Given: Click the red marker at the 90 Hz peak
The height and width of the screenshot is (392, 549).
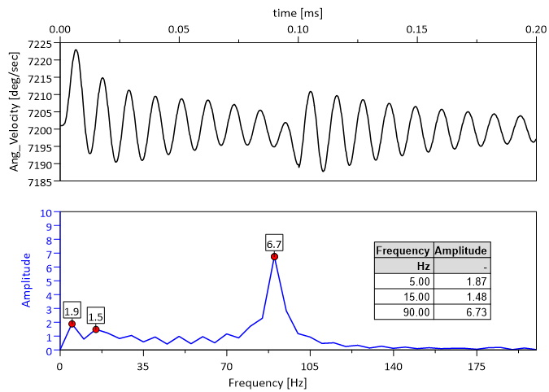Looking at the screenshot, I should [x=274, y=257].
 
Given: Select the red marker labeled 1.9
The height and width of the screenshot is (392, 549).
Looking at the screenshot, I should [x=72, y=324].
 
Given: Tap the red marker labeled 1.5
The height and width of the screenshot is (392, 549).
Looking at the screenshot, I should [x=96, y=329].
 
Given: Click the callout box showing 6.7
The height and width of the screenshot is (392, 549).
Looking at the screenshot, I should [x=274, y=242].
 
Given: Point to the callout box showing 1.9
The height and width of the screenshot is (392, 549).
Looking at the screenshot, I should [x=72, y=310].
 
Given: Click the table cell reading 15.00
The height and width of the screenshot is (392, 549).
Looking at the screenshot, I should [x=404, y=297].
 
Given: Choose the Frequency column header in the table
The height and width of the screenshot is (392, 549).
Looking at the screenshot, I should [x=404, y=250].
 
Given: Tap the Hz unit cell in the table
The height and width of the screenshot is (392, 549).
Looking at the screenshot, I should [x=404, y=266].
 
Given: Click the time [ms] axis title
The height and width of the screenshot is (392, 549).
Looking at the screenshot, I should [x=298, y=12].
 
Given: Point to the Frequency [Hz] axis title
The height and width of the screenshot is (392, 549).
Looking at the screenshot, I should [x=298, y=381].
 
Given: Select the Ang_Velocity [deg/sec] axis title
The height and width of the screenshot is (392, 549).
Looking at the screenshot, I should [x=15, y=111].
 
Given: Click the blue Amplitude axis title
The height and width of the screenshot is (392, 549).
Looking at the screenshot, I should [x=26, y=280].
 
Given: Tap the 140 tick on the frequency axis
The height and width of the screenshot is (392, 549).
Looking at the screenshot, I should [x=393, y=366].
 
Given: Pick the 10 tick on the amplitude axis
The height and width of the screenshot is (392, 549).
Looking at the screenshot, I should [x=46, y=212].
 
